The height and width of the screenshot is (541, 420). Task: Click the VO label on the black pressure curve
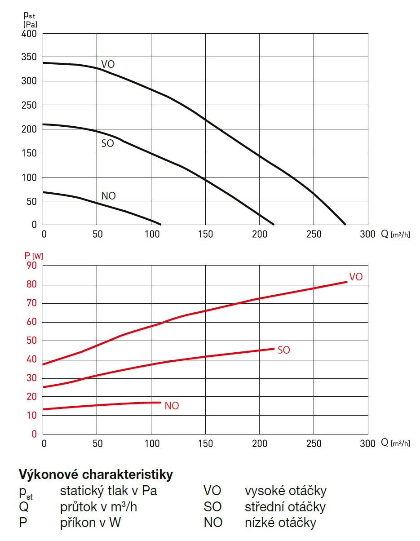[108, 64]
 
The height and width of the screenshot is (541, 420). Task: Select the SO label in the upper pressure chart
[107, 144]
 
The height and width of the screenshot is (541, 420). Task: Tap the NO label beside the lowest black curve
[108, 196]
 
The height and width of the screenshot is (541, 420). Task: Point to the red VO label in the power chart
[355, 277]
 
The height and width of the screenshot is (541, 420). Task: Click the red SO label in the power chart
[284, 350]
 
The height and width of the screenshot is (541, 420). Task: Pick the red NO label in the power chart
[172, 406]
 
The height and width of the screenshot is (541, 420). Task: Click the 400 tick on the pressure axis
[29, 34]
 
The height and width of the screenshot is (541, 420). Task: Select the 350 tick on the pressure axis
[29, 58]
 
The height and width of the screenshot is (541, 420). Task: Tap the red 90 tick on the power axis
[31, 266]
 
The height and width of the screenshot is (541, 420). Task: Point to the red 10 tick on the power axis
[31, 415]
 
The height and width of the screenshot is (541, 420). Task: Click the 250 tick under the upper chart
[314, 234]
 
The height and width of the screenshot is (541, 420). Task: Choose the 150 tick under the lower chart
[205, 443]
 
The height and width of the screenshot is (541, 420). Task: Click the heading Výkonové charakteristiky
[96, 474]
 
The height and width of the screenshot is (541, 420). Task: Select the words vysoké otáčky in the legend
[285, 491]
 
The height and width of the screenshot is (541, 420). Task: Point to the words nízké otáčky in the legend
[280, 523]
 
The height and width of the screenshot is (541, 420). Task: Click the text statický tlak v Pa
[108, 491]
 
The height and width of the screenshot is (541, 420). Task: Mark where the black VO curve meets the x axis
[345, 224]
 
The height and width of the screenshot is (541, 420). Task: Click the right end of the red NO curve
[160, 402]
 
